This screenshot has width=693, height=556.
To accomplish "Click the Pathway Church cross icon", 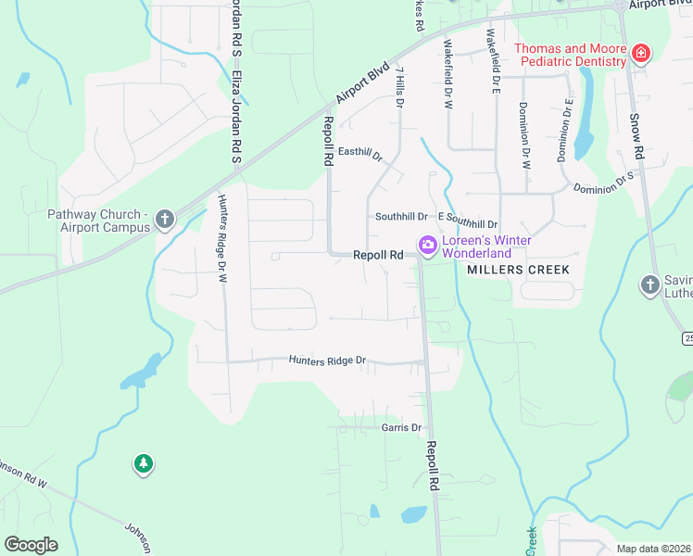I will tap(165, 220).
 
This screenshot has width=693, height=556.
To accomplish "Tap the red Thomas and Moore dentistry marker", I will tap(639, 54).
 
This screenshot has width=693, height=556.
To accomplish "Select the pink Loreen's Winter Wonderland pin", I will tap(427, 246).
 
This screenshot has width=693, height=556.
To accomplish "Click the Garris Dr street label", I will tap(401, 427).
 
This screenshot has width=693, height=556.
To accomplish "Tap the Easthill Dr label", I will tap(360, 153).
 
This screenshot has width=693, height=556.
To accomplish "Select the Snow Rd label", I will tap(636, 135).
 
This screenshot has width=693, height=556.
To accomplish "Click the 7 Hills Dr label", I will tap(399, 87).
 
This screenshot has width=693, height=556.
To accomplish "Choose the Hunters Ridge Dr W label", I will tap(222, 237).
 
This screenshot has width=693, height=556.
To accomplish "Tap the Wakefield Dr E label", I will tap(495, 62).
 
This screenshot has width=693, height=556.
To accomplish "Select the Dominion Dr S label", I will tap(603, 182).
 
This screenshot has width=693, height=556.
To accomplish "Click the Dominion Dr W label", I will tap(525, 135).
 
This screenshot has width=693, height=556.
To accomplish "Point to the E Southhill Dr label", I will tap(468, 224).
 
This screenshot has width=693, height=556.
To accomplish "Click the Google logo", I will tap(31, 545).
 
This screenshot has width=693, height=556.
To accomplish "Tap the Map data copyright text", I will tap(654, 549).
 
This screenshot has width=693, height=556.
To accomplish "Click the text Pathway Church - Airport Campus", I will tap(98, 221).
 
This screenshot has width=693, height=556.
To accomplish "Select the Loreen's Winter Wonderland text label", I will tap(478, 246).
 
